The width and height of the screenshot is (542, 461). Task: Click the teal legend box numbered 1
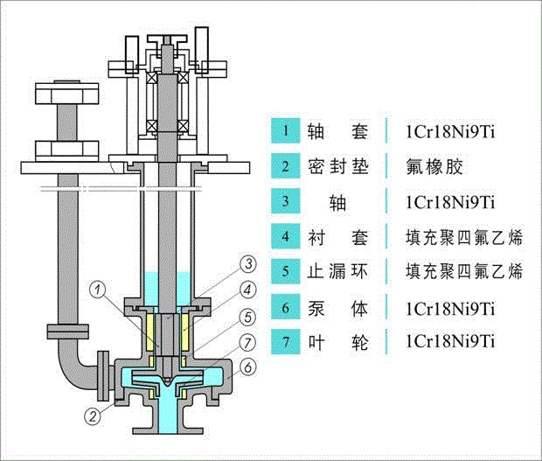[x=285, y=131]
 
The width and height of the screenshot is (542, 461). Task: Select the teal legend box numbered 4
[x=285, y=235]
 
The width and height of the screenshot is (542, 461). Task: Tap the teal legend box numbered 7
[x=285, y=342]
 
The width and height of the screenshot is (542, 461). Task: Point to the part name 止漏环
[x=339, y=271]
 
